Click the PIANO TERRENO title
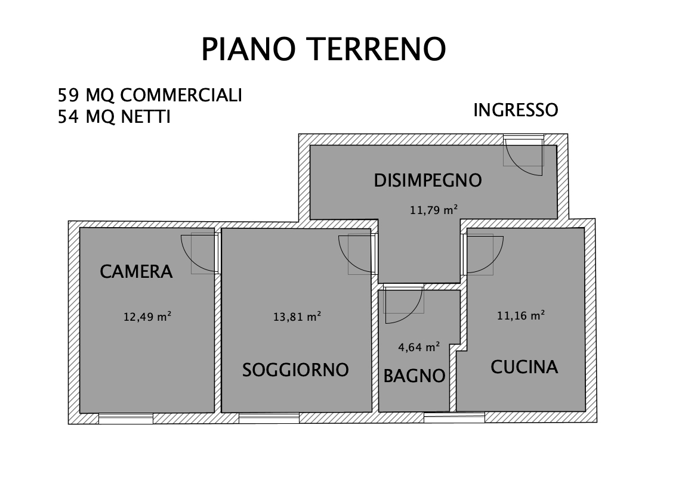coord(323,49)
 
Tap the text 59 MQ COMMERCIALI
coord(150,95)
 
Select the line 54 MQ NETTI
coord(114,116)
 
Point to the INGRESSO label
coord(516,110)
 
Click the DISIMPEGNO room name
coord(428,181)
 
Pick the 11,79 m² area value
coord(434,210)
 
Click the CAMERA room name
coord(136,272)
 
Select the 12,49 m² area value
coord(147,317)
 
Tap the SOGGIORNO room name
coord(295,370)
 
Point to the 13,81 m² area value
coord(297,317)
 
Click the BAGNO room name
coord(414,376)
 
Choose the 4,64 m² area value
coord(419,347)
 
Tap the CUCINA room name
coord(524,367)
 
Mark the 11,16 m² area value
coord(521,315)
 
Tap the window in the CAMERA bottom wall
coord(126,419)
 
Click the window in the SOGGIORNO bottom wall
coord(269,418)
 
